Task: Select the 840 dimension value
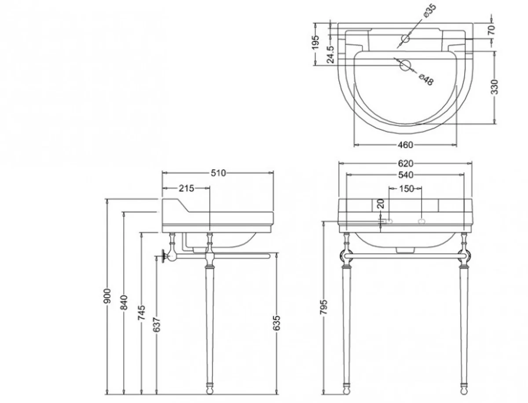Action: pyautogui.click(x=124, y=303)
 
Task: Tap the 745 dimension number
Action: pyautogui.click(x=141, y=313)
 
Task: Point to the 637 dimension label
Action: pyautogui.click(x=157, y=324)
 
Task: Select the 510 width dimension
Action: pyautogui.click(x=218, y=173)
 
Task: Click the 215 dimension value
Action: pyautogui.click(x=186, y=189)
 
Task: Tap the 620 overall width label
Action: pyautogui.click(x=405, y=163)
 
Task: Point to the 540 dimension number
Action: pyautogui.click(x=405, y=175)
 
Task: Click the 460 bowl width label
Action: pyautogui.click(x=405, y=145)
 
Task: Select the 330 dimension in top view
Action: pyautogui.click(x=495, y=87)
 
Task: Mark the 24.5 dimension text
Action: pyautogui.click(x=330, y=55)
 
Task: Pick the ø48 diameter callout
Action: pyautogui.click(x=426, y=80)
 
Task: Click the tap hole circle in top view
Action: pyautogui.click(x=405, y=39)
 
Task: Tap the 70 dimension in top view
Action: pyautogui.click(x=491, y=30)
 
